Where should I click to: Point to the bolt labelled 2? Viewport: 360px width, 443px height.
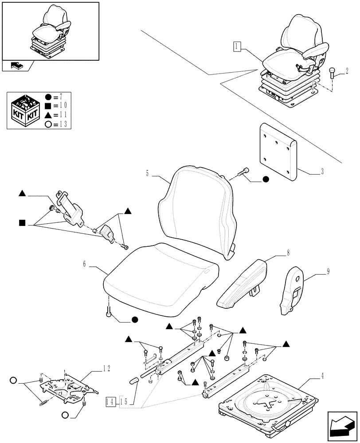pyautogui.click(x=333, y=73)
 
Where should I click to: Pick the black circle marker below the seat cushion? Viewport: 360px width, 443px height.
pyautogui.click(x=135, y=319)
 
